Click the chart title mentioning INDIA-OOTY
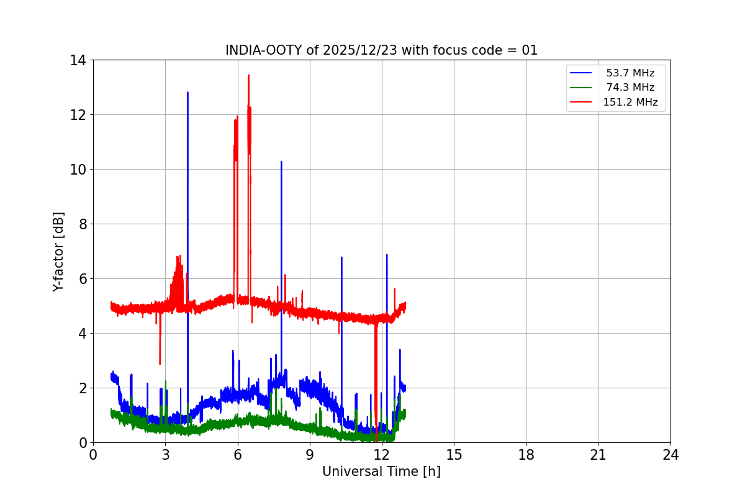[x=381, y=50]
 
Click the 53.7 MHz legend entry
[x=630, y=73]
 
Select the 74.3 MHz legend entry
[x=630, y=88]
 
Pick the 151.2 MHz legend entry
[x=630, y=103]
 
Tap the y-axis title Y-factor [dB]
[x=59, y=252]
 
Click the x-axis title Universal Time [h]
[x=381, y=472]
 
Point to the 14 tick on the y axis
[x=78, y=60]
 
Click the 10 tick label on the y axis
[x=78, y=170]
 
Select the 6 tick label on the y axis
[x=82, y=279]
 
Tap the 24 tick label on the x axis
[x=670, y=455]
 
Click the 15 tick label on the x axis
[x=454, y=455]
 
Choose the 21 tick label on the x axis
[x=598, y=455]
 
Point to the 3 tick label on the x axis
[x=165, y=455]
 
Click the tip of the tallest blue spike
[x=187, y=93]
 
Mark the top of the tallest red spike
[x=248, y=75]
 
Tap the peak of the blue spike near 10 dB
[x=281, y=162]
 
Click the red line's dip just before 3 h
[x=160, y=363]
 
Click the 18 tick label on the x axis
[x=526, y=455]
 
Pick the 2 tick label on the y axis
[x=82, y=388]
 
